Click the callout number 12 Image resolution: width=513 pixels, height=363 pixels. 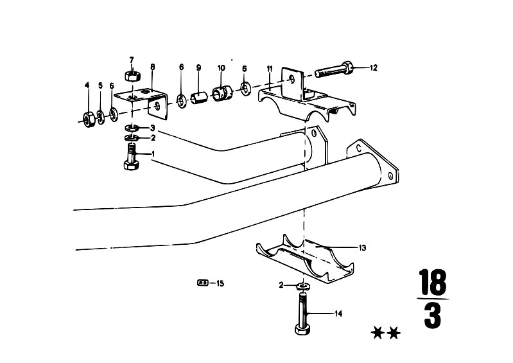coord(373,67)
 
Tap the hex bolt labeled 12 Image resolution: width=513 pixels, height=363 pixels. coord(334,69)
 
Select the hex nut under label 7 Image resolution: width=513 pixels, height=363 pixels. coord(132,76)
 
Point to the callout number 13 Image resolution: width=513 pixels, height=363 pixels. coord(362,248)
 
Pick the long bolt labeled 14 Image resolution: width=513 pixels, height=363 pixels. coord(302,313)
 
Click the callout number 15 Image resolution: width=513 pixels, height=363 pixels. coord(220,283)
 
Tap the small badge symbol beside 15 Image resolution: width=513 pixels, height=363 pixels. coord(203,283)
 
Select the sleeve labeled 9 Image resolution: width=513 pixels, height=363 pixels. coord(199,97)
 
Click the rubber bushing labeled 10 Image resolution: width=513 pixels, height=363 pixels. coord(222,93)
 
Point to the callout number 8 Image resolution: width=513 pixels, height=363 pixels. coord(152,67)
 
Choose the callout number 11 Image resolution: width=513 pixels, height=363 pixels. coord(270,69)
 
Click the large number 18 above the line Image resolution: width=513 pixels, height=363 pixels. coord(433,281)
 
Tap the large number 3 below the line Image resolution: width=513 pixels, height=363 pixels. coord(433,316)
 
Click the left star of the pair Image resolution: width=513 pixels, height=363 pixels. coord(378,333)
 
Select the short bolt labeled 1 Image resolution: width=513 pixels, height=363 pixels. coord(132,157)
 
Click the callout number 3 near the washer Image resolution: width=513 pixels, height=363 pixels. coord(152,128)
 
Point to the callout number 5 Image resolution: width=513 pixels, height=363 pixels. coord(100,85)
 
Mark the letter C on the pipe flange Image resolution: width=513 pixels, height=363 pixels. coord(359,148)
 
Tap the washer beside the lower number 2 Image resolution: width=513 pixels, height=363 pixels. coord(304,287)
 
